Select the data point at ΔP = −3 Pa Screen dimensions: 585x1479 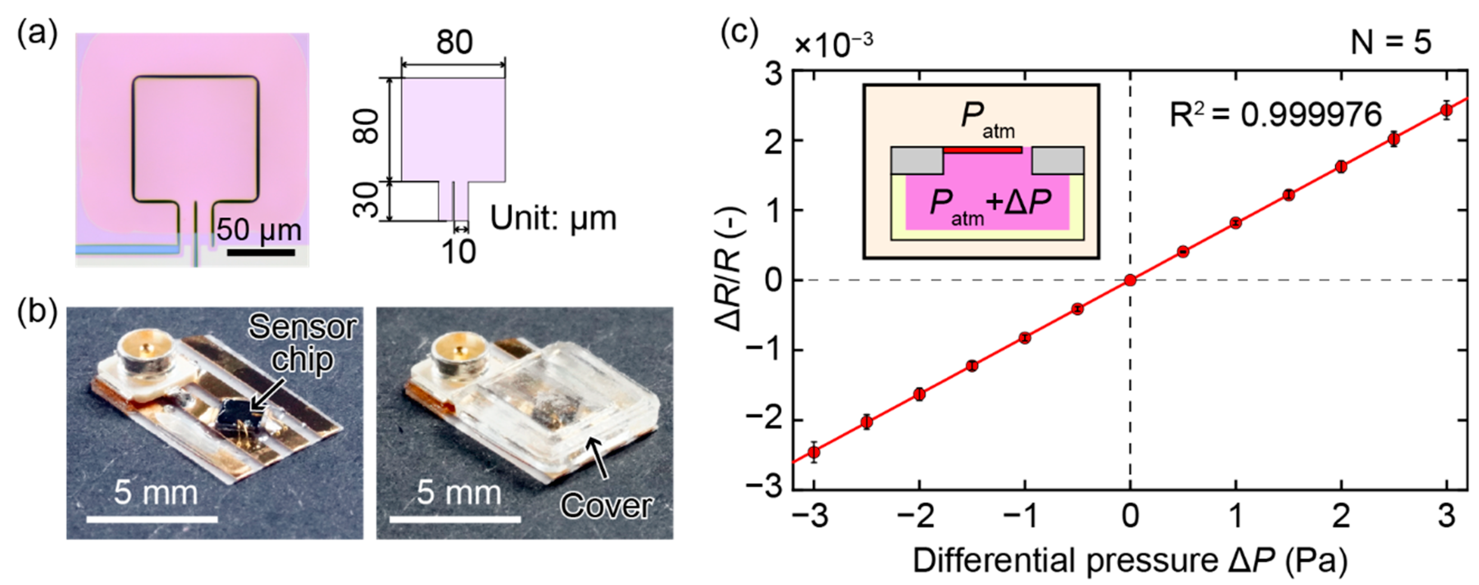point(814,452)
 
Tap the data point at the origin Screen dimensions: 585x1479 point(1130,280)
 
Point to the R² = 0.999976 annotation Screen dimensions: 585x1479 point(1276,115)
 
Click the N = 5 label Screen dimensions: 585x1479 point(1391,42)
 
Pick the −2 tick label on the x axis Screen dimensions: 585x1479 point(919,516)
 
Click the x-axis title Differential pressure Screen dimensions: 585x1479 point(1130,560)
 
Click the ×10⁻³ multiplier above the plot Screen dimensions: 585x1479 point(833,45)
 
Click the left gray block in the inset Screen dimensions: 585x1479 point(917,160)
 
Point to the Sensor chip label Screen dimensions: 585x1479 point(303,344)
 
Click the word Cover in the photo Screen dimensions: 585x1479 point(606,506)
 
